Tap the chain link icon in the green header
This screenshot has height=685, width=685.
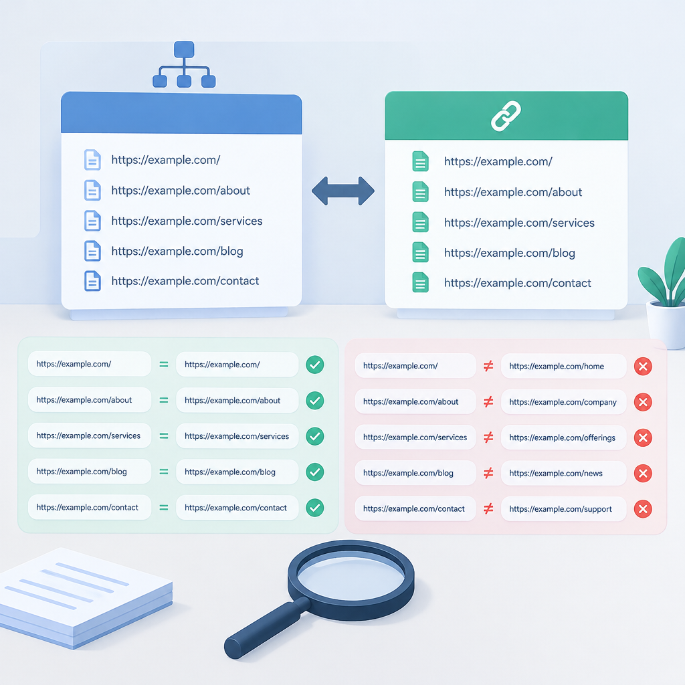[x=506, y=116]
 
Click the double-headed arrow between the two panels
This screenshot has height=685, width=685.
[x=343, y=191]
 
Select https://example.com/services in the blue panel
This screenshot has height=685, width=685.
[x=187, y=221]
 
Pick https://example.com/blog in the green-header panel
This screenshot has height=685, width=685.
[x=509, y=253]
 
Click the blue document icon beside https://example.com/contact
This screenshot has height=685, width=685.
[x=92, y=281]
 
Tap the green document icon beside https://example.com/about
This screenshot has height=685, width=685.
[x=420, y=192]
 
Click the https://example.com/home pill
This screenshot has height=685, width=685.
[x=563, y=366]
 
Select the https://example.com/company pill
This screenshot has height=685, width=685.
[x=563, y=402]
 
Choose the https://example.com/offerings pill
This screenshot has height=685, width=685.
[x=563, y=437]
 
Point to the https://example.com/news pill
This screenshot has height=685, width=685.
[x=563, y=473]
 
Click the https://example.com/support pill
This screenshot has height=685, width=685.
[x=563, y=509]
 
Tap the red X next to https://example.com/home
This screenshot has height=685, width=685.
[x=643, y=367]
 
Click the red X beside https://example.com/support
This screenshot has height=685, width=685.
[x=643, y=509]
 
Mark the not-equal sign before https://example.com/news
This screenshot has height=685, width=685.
[x=488, y=473]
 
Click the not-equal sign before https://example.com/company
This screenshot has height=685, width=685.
[x=488, y=402]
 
